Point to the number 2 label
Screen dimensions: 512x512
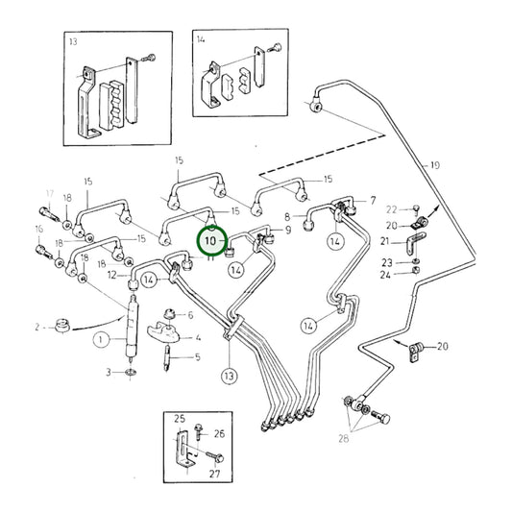pos(37,327)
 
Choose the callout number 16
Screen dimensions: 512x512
pos(38,229)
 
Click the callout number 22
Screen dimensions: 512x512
pos(390,208)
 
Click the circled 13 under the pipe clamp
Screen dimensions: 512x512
pos(228,377)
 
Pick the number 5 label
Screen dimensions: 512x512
pos(197,357)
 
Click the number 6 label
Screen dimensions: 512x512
pos(190,315)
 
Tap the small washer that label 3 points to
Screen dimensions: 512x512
pos(131,372)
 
